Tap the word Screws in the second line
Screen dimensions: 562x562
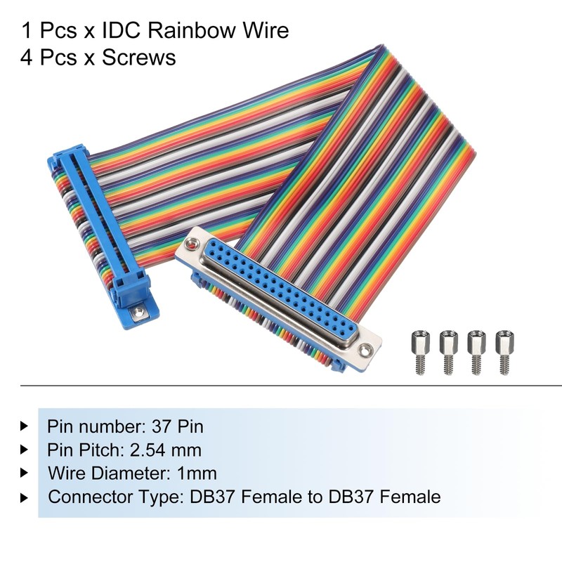138,58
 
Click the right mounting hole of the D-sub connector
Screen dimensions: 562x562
364,348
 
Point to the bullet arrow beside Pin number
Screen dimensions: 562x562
25,426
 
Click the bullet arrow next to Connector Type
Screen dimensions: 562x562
25,497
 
